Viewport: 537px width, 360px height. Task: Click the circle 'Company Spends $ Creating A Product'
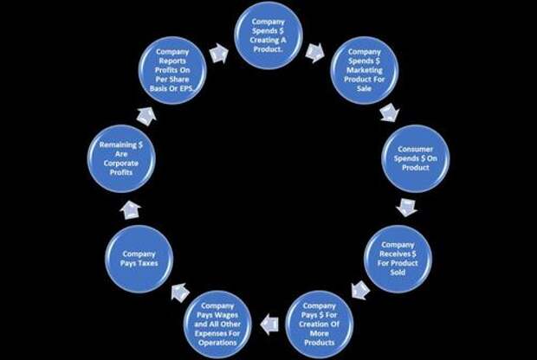tap(268, 35)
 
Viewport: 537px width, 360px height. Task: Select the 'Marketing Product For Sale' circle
tap(364, 70)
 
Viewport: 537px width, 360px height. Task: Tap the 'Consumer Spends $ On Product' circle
tap(416, 158)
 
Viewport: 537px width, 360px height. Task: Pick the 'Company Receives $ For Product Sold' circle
tap(398, 259)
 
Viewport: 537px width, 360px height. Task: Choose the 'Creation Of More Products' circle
tap(320, 324)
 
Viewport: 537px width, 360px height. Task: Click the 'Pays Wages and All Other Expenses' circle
tap(217, 324)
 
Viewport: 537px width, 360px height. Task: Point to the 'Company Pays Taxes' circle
tap(139, 259)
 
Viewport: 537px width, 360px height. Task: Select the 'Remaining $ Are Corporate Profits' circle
tap(121, 158)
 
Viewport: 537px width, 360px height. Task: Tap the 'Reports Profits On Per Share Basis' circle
tap(172, 70)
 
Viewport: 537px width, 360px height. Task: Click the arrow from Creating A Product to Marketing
tap(315, 53)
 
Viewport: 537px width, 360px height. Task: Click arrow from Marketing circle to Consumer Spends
tap(390, 112)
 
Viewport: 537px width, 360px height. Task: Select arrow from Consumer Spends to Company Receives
tap(406, 207)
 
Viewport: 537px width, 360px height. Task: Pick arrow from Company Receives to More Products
tap(360, 290)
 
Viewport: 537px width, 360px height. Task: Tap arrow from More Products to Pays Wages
tap(269, 324)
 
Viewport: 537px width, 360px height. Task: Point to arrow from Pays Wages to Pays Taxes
tap(180, 292)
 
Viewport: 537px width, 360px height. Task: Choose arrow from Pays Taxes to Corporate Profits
tap(131, 209)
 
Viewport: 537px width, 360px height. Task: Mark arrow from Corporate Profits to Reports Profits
tap(146, 116)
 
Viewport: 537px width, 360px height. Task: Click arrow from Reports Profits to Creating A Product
tap(219, 54)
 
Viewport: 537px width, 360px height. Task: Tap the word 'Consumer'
tap(416, 149)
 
